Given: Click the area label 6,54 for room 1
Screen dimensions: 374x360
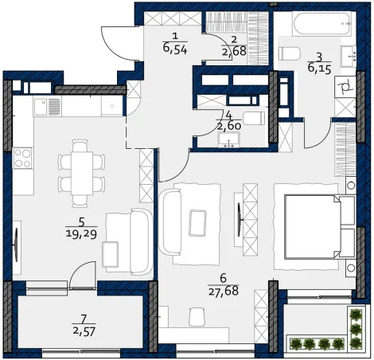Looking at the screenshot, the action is point(175,49).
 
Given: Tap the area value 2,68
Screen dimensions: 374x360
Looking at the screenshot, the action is point(235,51).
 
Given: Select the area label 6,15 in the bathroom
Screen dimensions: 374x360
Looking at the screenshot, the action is point(320,68).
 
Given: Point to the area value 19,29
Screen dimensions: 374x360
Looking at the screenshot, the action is point(81,234).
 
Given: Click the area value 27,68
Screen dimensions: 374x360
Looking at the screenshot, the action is point(224,292).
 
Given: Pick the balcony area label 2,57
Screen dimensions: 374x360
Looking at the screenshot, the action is point(84,331).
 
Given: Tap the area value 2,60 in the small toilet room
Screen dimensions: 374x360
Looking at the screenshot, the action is point(229,126).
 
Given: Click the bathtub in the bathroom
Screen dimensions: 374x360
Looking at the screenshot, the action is point(321,24).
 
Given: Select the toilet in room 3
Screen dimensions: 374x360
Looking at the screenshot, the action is point(289,53).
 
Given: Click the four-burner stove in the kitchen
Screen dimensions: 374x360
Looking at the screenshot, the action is point(23,158).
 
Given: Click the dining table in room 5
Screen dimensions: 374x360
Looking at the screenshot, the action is point(82,173).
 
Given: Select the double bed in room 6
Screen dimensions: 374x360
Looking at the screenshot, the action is point(320,227).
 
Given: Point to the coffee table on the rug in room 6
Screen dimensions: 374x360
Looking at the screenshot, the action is point(197,222).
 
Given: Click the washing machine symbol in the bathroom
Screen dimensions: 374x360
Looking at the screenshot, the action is point(345,87).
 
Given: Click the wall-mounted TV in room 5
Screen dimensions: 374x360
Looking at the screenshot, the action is point(17,245).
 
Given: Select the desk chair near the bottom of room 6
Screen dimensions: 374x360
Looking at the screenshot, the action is point(197,316).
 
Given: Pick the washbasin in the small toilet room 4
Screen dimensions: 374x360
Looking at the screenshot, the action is point(229,140).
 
